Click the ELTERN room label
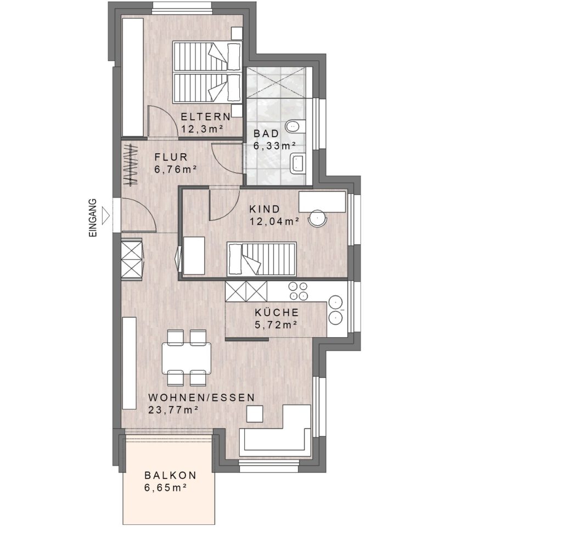pyautogui.click(x=205, y=117)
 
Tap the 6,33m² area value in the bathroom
pyautogui.click(x=274, y=146)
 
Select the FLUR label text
pyautogui.click(x=171, y=157)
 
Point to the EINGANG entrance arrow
pyautogui.click(x=106, y=215)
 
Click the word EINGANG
pyautogui.click(x=93, y=217)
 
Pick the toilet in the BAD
pyautogui.click(x=295, y=126)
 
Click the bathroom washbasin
pyautogui.click(x=298, y=164)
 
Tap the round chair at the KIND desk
pyautogui.click(x=318, y=217)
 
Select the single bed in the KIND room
pyautogui.click(x=262, y=259)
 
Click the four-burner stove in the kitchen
pyautogui.click(x=298, y=291)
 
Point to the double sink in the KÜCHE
pyautogui.click(x=336, y=310)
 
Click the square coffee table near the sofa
pyautogui.click(x=255, y=413)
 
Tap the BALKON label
pyautogui.click(x=171, y=475)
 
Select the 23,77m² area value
pyautogui.click(x=173, y=410)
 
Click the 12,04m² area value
pyautogui.click(x=274, y=222)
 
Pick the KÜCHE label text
pyautogui.click(x=277, y=312)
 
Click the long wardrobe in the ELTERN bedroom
pyautogui.click(x=133, y=77)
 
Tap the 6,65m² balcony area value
pyautogui.click(x=166, y=488)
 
